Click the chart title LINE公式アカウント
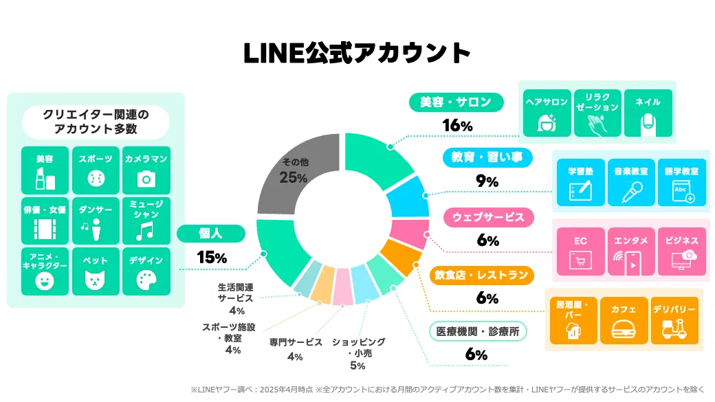(x=357, y=54)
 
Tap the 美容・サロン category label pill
(x=456, y=103)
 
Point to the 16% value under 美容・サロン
(x=456, y=126)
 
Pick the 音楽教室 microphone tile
(x=631, y=183)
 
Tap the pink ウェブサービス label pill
(x=488, y=217)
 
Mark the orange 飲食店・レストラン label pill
(x=481, y=275)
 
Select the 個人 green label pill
(x=211, y=234)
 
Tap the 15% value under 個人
(x=211, y=258)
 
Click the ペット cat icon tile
(x=96, y=271)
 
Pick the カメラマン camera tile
(x=146, y=170)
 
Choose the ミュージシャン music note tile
(x=146, y=221)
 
